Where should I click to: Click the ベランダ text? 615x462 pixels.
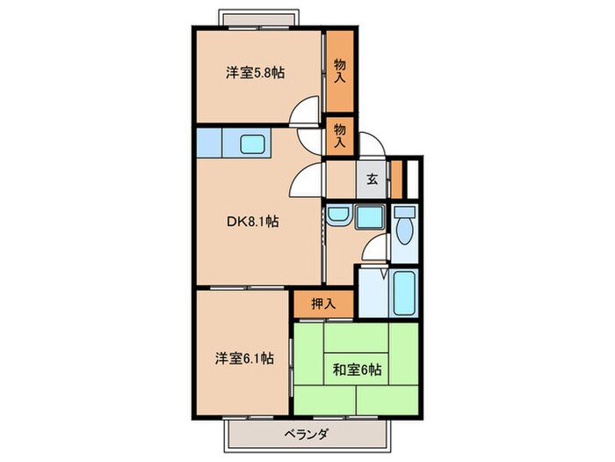(x=307, y=434)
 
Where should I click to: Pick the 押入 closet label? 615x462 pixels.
(x=323, y=304)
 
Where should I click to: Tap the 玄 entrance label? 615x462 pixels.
(x=372, y=180)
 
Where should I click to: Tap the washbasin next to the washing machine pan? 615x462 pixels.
(x=337, y=217)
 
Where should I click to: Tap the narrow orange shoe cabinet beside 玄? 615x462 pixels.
(x=395, y=180)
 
